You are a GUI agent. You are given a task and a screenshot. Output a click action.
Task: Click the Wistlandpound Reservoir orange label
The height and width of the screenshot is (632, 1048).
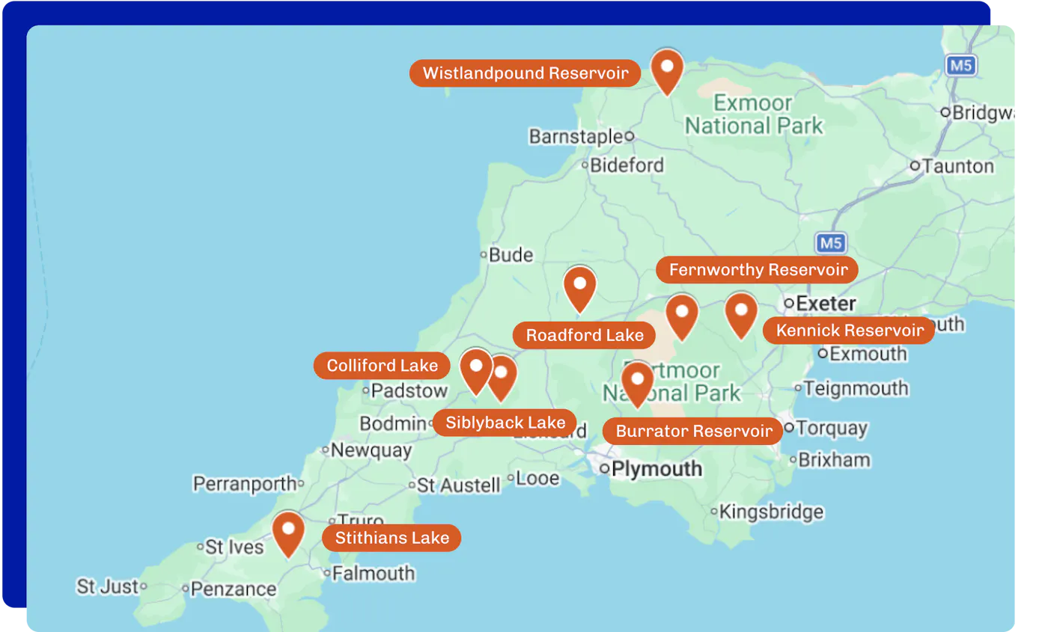pos(525,73)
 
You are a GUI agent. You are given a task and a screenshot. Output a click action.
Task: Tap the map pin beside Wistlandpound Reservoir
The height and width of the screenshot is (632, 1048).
pos(666,70)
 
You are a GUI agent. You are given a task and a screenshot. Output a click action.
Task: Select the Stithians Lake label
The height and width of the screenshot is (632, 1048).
pos(392,538)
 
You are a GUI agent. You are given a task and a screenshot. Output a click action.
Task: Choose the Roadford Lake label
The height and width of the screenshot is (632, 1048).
pos(584,335)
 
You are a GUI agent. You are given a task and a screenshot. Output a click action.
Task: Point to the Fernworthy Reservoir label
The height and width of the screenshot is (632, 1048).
pos(758,269)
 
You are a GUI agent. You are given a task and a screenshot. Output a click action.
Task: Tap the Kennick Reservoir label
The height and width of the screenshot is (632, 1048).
pos(849,331)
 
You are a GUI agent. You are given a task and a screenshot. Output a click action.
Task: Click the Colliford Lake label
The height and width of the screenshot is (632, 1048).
pos(382,366)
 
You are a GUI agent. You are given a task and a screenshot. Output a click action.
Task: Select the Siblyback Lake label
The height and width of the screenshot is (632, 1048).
pos(505,423)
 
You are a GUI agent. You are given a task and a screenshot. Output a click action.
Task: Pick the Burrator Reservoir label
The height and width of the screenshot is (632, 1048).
pos(693,431)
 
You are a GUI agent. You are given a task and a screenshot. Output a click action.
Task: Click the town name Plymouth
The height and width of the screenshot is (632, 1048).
pos(656,469)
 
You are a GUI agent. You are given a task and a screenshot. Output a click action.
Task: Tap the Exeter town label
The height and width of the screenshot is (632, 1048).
pos(826,304)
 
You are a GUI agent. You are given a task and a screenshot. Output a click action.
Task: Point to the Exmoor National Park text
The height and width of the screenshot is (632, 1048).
pos(753,114)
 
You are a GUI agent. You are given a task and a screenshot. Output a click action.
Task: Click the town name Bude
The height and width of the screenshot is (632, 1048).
pos(511,255)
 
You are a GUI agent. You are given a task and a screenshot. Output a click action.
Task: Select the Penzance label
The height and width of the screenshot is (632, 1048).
pos(233,589)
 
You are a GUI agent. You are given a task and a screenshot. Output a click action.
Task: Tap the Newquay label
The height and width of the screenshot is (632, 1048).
pos(371,450)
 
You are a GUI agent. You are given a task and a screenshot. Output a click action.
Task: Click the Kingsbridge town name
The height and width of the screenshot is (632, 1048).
pos(771,512)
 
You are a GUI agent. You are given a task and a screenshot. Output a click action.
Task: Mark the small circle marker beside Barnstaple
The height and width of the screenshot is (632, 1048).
pos(630,136)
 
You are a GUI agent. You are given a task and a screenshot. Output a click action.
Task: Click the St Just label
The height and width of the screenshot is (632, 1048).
pos(107,586)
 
